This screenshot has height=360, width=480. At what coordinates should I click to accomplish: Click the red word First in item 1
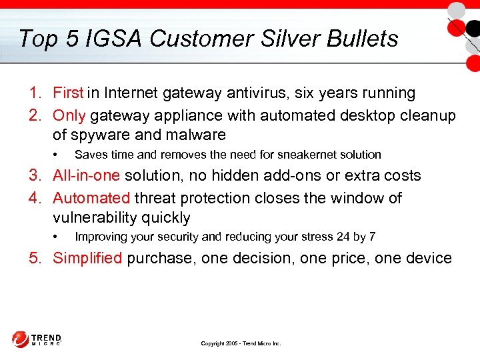tap(68, 93)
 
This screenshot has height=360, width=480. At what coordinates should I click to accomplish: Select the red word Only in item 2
tap(69, 115)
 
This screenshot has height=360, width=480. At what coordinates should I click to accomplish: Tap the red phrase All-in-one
tap(85, 176)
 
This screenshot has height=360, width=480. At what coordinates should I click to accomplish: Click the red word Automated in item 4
tap(91, 198)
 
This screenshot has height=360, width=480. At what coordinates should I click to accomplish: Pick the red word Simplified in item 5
tap(87, 258)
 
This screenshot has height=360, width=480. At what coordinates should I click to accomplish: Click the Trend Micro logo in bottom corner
tap(37, 339)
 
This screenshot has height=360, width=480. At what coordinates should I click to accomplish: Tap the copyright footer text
tap(241, 343)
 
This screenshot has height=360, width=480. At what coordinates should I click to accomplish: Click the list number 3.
tap(34, 176)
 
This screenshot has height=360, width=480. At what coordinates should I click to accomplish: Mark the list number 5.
tap(34, 258)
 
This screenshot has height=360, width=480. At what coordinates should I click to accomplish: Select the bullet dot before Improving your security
tap(55, 237)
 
